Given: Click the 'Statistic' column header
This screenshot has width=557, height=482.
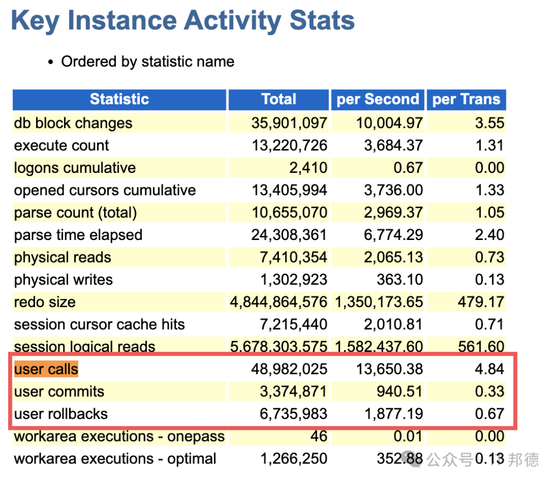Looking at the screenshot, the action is (119, 99).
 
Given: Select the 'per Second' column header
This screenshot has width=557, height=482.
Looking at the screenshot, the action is (378, 99).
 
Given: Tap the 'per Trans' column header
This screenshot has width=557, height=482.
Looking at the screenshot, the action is (466, 99).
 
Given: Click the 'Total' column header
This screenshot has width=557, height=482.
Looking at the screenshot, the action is (279, 99).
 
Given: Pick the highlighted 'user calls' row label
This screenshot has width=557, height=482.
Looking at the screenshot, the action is (46, 369).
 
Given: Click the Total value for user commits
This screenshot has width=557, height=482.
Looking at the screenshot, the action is (293, 391).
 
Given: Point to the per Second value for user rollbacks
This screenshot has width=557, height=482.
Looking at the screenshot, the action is (394, 414).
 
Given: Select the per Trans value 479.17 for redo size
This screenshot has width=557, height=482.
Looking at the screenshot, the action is (481, 302).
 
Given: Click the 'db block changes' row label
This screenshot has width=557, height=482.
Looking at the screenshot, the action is (73, 123).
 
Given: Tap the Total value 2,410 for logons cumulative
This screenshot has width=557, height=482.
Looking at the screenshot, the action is (308, 168).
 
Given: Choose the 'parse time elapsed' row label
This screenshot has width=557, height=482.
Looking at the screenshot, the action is (78, 235).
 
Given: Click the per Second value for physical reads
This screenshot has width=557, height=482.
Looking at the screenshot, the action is (394, 257).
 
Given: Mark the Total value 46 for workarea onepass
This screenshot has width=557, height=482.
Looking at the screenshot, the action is (319, 436).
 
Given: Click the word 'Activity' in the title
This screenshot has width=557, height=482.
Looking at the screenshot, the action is (232, 21).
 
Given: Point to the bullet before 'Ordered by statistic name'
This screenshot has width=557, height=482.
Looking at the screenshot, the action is (51, 62).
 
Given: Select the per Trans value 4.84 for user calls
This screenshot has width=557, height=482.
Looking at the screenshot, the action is (489, 369).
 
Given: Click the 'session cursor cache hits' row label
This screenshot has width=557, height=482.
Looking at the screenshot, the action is (100, 324).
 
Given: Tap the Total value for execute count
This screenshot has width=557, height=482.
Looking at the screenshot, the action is (289, 146).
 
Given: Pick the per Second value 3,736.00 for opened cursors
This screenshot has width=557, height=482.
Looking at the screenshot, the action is (394, 190).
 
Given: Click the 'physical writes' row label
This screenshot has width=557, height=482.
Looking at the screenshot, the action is (63, 280).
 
